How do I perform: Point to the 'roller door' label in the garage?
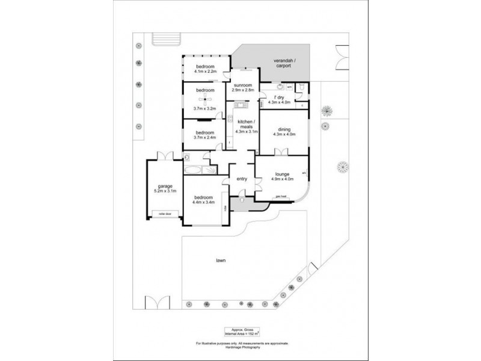coord(163,213)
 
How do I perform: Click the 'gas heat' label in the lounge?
coord(280,196)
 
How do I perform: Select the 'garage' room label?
coord(165,187)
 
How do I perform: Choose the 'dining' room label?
coord(283,129)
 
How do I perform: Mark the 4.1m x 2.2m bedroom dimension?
coord(204,71)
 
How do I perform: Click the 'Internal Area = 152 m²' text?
coord(242,333)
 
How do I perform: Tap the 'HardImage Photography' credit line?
coord(242,347)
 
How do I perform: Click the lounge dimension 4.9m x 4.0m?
coord(281,179)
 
